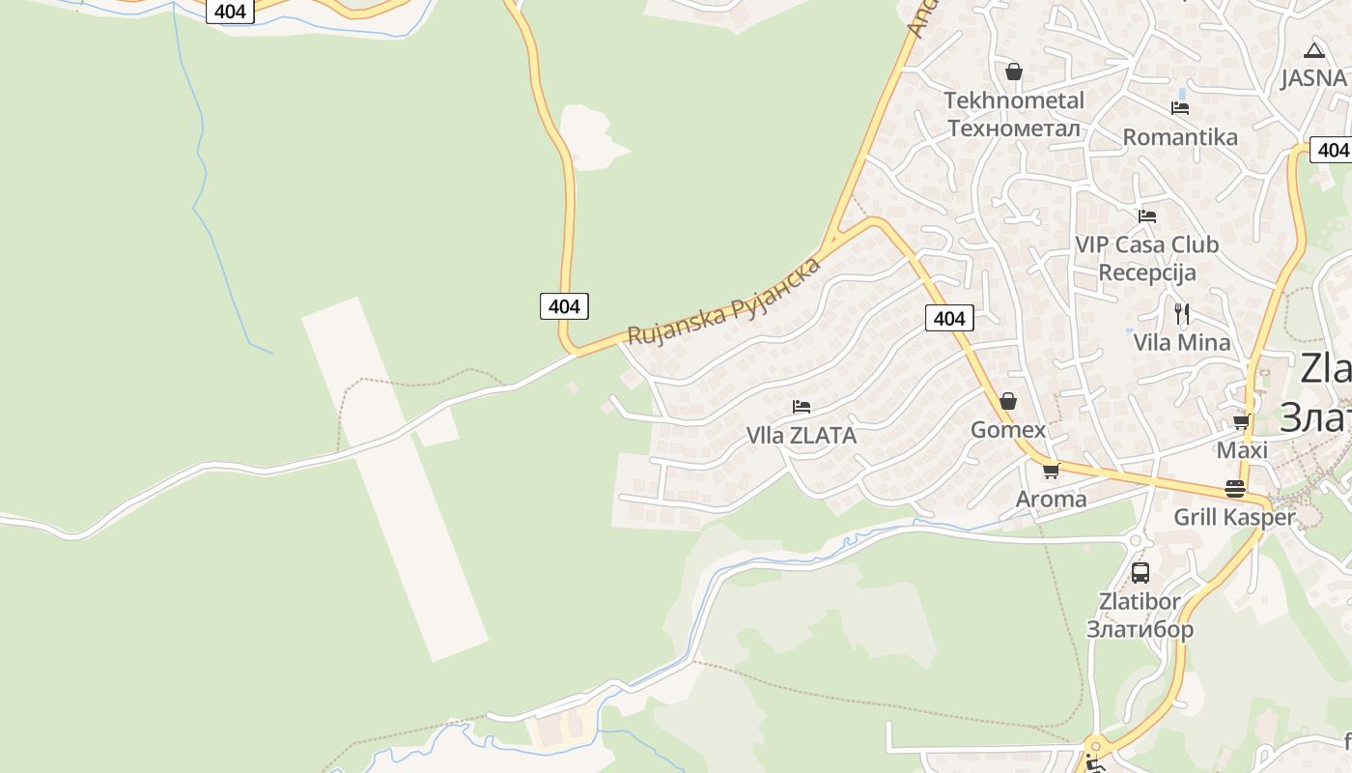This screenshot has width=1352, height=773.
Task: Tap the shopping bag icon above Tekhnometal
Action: pyautogui.click(x=1013, y=72)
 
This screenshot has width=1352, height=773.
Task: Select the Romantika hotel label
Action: pyautogui.click(x=1179, y=137)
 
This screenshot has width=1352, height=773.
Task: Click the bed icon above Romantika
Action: pyautogui.click(x=1179, y=107)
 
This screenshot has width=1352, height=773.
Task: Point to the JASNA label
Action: pyautogui.click(x=1312, y=78)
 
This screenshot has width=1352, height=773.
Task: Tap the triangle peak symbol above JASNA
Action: pyautogui.click(x=1312, y=50)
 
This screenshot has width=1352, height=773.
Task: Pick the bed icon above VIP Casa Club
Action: pyautogui.click(x=1146, y=215)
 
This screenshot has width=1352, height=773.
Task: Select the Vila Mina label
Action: pyautogui.click(x=1181, y=342)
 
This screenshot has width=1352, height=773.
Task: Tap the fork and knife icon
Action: pyautogui.click(x=1181, y=313)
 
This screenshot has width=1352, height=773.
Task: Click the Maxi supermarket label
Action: pyautogui.click(x=1242, y=450)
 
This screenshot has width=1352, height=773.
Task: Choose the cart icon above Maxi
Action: pyautogui.click(x=1242, y=422)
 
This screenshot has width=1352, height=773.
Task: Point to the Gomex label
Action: pyautogui.click(x=1008, y=430)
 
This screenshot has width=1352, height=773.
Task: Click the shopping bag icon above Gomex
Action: pyautogui.click(x=1008, y=401)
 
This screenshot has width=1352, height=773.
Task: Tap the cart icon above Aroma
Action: pyautogui.click(x=1051, y=472)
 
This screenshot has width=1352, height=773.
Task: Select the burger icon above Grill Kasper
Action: pyautogui.click(x=1234, y=489)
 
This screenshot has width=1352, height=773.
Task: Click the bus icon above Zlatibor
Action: pyautogui.click(x=1140, y=573)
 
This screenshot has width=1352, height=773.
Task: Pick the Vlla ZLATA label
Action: pyautogui.click(x=802, y=436)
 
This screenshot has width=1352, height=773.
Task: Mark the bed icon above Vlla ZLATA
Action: pyautogui.click(x=801, y=407)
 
